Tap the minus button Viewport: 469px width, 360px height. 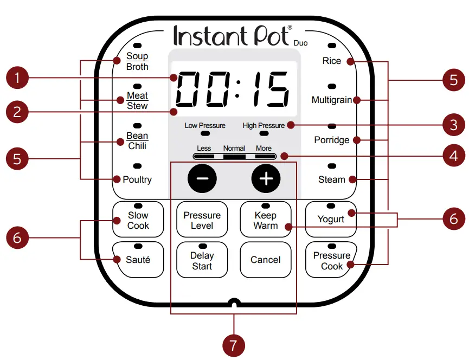pos(202,178)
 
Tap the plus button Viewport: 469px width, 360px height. pos(266,178)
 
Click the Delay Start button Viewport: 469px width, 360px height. pos(202,260)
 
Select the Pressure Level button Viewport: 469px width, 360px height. pos(202,220)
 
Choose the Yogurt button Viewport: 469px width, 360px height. pos(331,219)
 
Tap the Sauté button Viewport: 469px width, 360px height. pos(138,260)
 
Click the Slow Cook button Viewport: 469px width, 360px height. pos(138,220)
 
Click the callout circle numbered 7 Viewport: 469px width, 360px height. pos(234,344)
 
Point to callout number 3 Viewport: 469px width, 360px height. pos(454,125)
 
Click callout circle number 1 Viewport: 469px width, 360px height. pos(17,78)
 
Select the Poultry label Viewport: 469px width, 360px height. pos(137,179)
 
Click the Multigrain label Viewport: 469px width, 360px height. pos(332,100)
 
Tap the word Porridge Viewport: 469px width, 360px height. pos(332,140)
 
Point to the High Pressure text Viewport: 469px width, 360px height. pos(264,125)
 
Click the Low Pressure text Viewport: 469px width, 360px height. pos(205,125)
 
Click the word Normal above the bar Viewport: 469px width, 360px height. pos(234,148)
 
